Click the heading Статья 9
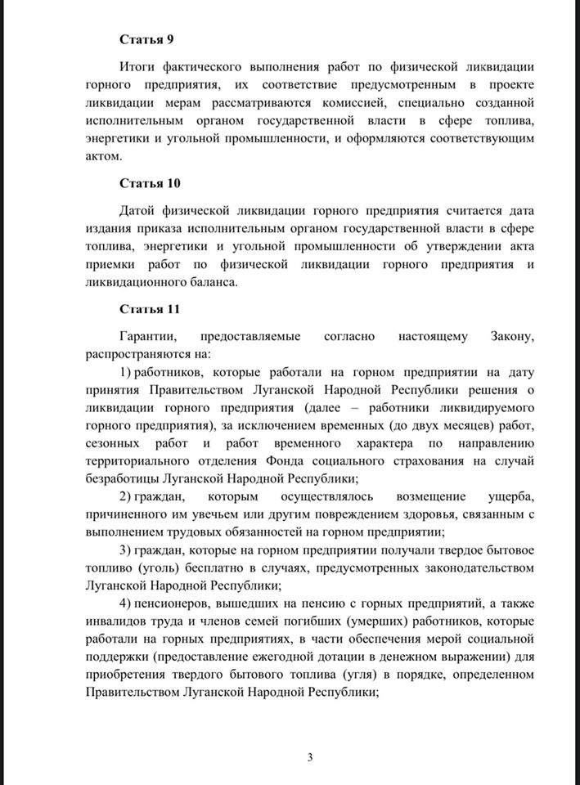(x=147, y=38)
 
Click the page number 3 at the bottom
(x=310, y=756)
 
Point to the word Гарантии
(x=147, y=337)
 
